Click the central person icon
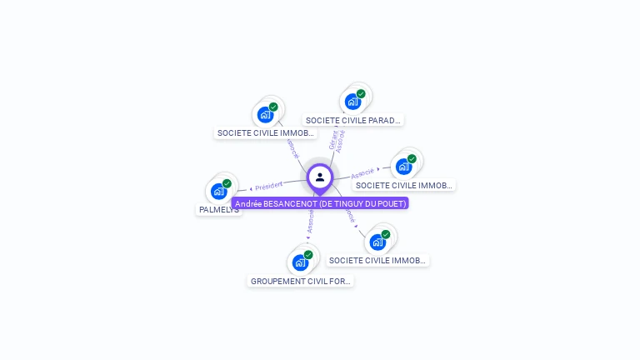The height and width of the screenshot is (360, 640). click(x=320, y=177)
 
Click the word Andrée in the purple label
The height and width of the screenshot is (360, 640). click(x=249, y=203)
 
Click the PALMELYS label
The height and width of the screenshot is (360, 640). click(x=219, y=210)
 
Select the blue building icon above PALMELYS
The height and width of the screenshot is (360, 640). click(x=218, y=191)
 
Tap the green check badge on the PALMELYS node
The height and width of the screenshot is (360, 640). click(x=227, y=183)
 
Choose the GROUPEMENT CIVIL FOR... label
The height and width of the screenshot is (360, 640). click(x=301, y=281)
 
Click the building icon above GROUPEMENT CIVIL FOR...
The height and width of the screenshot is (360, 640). click(x=300, y=262)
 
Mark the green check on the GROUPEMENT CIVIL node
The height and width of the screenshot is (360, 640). click(x=308, y=255)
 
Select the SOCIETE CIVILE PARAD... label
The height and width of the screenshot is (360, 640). click(x=353, y=120)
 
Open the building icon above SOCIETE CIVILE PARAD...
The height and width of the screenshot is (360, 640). click(x=352, y=102)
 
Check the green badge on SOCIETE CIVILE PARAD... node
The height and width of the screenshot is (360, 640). click(x=361, y=94)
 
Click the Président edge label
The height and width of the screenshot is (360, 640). click(x=269, y=185)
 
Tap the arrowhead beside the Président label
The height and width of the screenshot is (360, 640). click(x=251, y=188)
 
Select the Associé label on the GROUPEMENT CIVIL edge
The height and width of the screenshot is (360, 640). click(x=310, y=221)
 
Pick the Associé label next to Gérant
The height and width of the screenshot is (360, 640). click(x=341, y=139)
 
